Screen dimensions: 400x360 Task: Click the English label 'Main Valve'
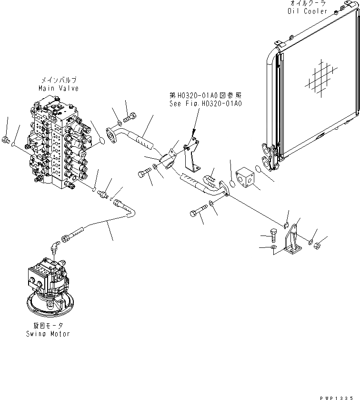point(59,88)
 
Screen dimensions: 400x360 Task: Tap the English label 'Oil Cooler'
point(308,11)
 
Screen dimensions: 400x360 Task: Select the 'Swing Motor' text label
point(48,334)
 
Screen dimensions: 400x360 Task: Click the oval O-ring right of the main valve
point(100,140)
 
